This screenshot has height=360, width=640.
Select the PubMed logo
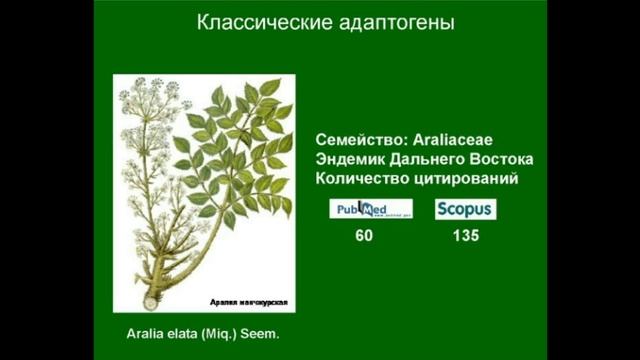(371, 209)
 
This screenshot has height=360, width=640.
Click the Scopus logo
(465, 209)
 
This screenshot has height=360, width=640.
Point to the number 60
(364, 236)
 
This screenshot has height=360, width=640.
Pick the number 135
(465, 236)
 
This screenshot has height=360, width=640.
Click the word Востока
(499, 159)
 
